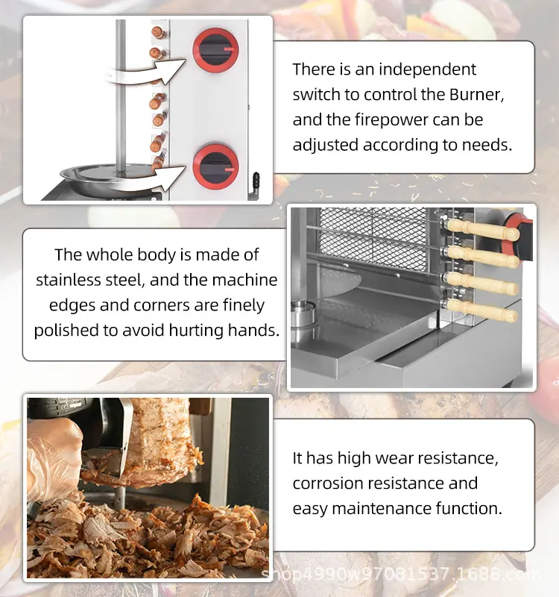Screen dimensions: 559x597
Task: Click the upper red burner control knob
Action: pyautogui.click(x=215, y=50)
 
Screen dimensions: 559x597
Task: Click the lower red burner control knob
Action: pyautogui.click(x=215, y=167)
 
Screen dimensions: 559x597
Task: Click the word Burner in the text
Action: pyautogui.click(x=477, y=95)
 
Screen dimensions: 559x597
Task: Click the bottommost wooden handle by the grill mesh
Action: pyautogui.click(x=481, y=310)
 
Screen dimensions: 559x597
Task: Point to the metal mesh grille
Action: pyautogui.click(x=373, y=238)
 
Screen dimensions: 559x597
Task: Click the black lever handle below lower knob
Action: pyautogui.click(x=256, y=183)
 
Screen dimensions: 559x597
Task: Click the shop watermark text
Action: pyautogui.click(x=399, y=574)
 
